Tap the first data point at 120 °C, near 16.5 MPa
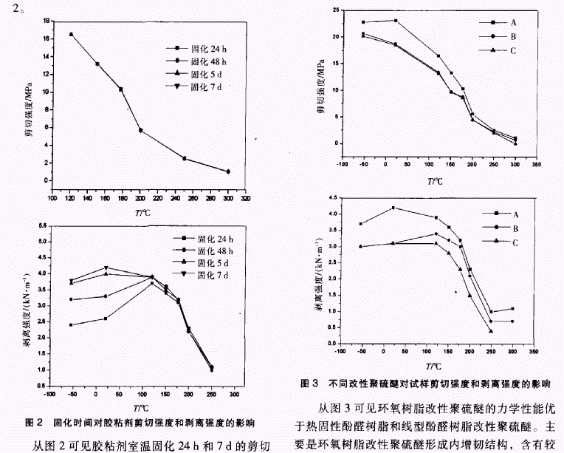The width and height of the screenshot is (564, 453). pos(72,34)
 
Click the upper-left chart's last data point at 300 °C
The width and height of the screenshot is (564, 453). pos(228,171)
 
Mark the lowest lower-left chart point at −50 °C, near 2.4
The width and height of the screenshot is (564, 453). pos(71,324)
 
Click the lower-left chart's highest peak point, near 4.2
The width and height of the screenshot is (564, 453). pos(108,268)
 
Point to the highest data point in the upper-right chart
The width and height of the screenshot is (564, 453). pos(396,21)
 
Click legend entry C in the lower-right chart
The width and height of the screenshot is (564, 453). pos(503,241)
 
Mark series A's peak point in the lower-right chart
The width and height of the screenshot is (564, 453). pos(394,208)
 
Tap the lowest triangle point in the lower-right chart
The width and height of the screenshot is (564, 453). pos(491,330)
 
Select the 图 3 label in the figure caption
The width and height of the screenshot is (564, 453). pos(310,384)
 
